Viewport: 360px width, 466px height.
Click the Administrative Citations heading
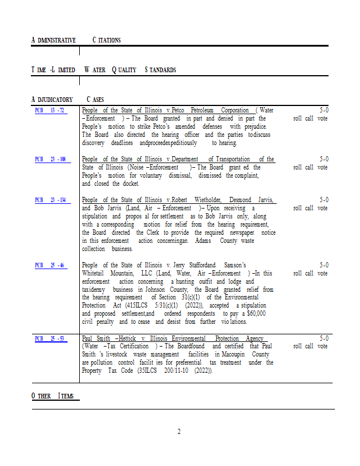point(76,40)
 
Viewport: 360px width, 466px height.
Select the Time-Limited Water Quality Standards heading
point(103,70)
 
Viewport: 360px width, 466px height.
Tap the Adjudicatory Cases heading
point(67,100)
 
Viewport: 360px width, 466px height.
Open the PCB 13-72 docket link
point(50,110)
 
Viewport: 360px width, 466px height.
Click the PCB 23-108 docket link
point(50,159)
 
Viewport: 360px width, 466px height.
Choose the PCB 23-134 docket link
point(50,200)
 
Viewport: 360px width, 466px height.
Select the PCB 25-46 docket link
point(50,265)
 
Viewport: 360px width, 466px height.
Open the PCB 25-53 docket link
point(50,338)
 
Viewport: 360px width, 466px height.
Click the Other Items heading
point(52,396)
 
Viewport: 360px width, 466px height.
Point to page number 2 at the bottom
point(179,432)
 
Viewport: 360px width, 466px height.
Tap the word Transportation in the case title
point(229,159)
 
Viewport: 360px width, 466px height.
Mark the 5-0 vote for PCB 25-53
point(324,338)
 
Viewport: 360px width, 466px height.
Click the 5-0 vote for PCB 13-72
point(324,110)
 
